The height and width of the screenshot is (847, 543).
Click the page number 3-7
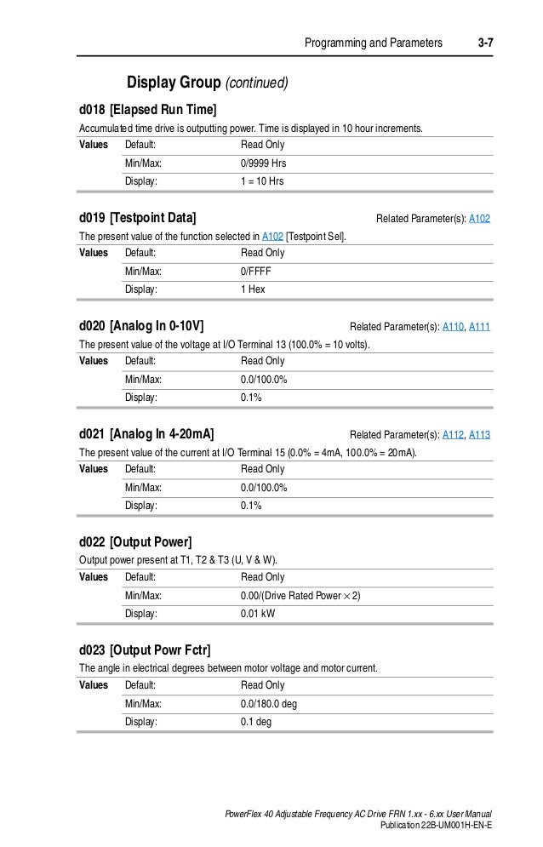pos(485,42)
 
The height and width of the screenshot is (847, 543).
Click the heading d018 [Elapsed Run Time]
pos(147,110)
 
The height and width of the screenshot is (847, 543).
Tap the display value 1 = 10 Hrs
pos(262,181)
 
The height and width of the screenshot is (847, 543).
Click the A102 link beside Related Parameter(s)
pos(479,219)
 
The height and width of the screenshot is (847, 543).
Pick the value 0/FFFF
pos(256,272)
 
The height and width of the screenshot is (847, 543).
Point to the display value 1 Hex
pos(253,289)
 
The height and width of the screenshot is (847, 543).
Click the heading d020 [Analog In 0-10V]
pos(140,326)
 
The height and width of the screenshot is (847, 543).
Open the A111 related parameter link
pos(479,327)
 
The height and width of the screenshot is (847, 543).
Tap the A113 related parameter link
pos(479,435)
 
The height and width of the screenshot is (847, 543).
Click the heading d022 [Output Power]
pos(135,542)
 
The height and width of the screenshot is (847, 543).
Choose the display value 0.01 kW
pos(260,614)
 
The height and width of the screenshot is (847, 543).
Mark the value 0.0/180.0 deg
pos(269,704)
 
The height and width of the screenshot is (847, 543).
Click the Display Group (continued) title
pos(208,83)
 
